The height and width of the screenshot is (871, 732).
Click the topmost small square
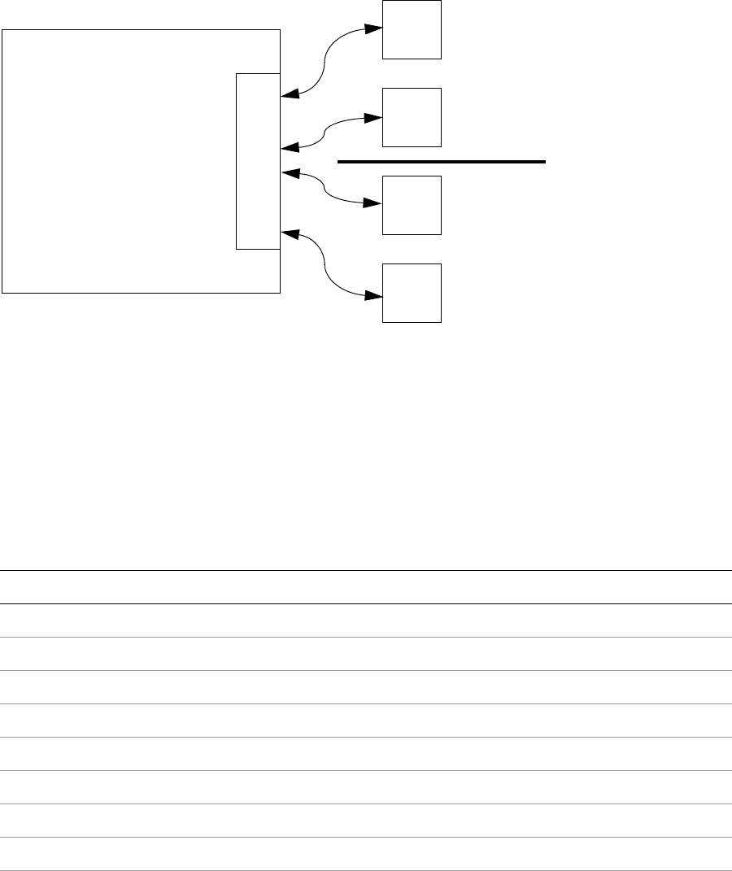412,29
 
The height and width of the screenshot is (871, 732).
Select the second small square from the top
412,117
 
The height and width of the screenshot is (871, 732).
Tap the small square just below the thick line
412,205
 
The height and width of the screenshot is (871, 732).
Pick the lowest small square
412,293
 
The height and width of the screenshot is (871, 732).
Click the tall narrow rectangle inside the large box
258,160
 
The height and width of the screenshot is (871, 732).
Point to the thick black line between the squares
440,163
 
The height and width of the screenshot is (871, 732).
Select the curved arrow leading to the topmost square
325,61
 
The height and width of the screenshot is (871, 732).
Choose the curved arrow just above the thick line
325,132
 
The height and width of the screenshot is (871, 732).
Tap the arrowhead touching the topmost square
373,28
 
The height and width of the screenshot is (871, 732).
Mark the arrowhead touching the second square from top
373,117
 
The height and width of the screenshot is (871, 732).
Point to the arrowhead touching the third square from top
373,204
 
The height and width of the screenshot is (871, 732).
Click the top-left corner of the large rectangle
2,30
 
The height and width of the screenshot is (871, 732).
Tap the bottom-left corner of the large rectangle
2,292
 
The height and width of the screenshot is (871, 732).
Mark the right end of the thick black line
543,163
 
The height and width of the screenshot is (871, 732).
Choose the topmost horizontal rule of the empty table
366,570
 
